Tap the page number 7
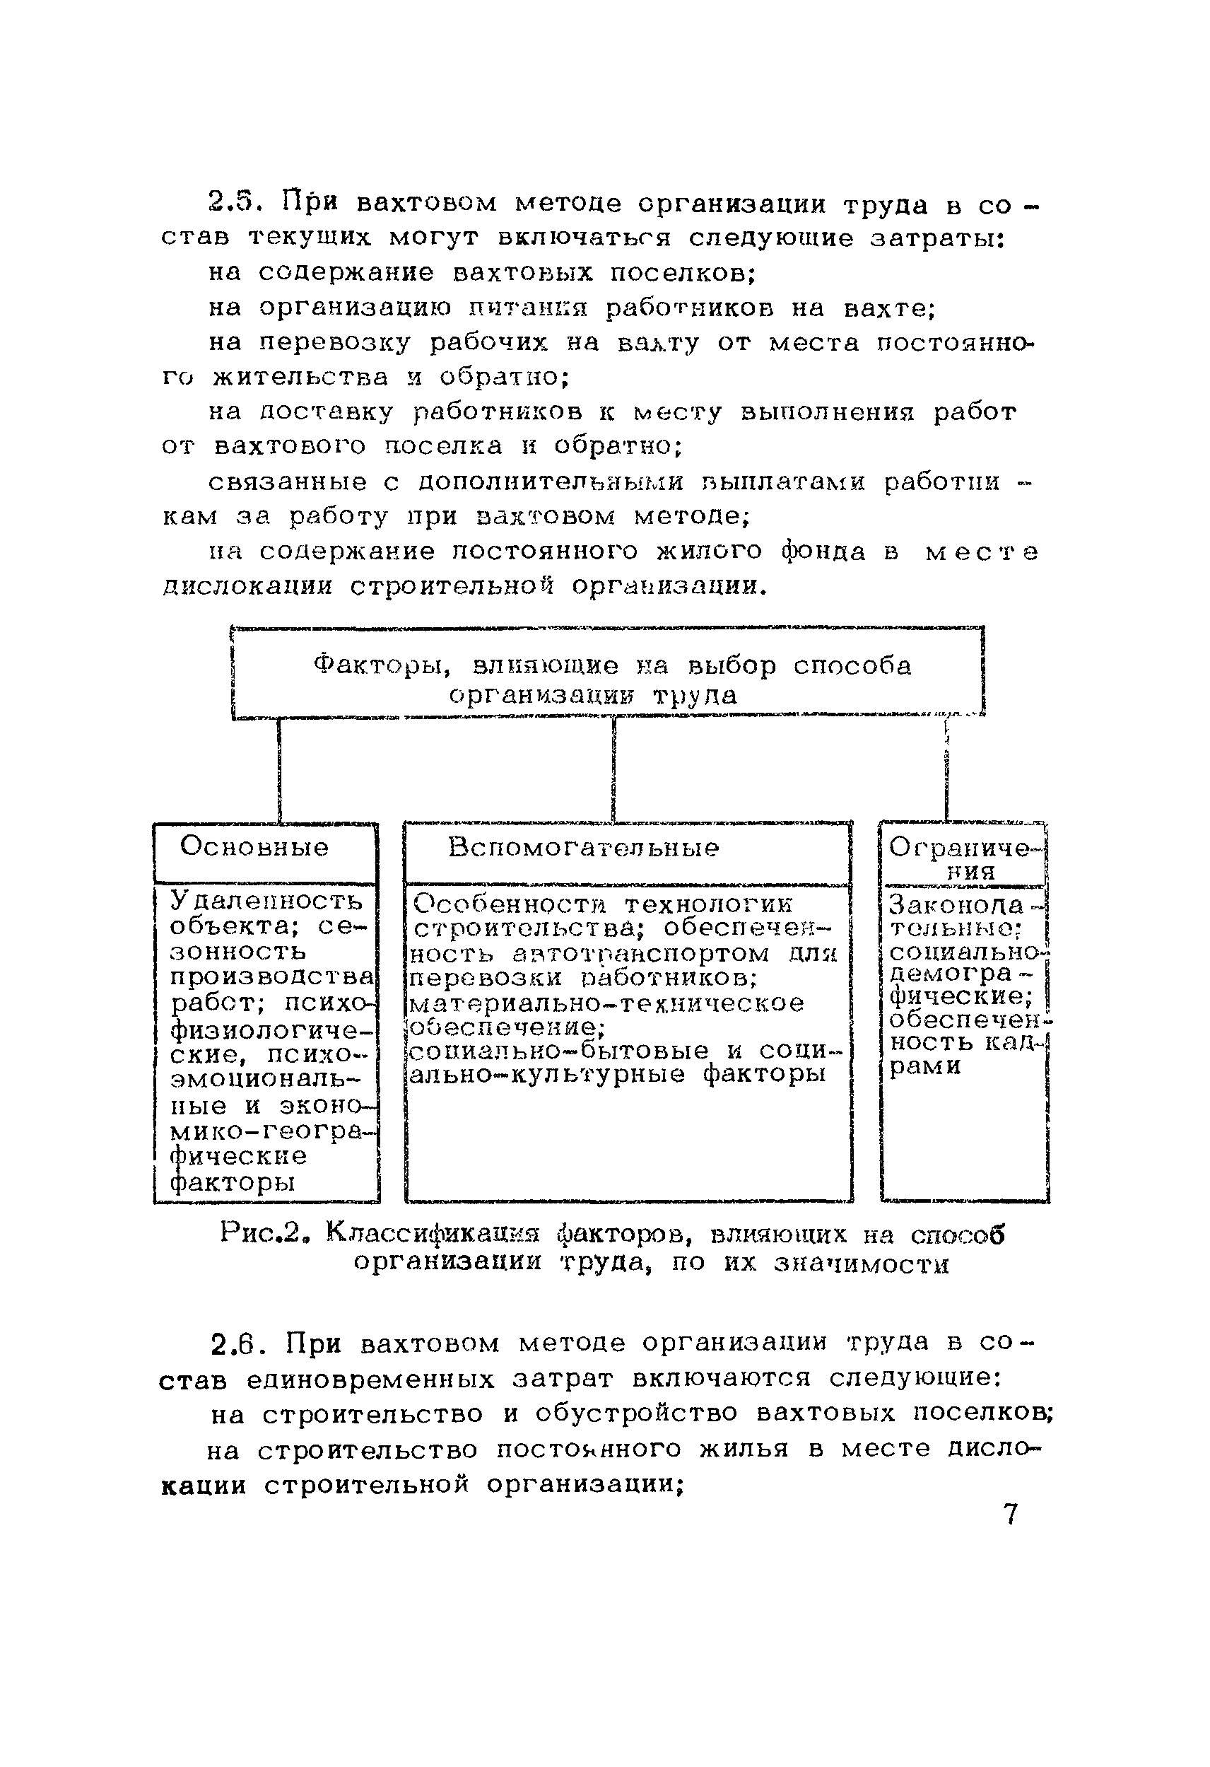point(1010,1515)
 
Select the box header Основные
point(254,847)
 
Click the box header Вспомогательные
point(583,848)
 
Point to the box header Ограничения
point(964,858)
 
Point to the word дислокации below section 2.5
point(248,587)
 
